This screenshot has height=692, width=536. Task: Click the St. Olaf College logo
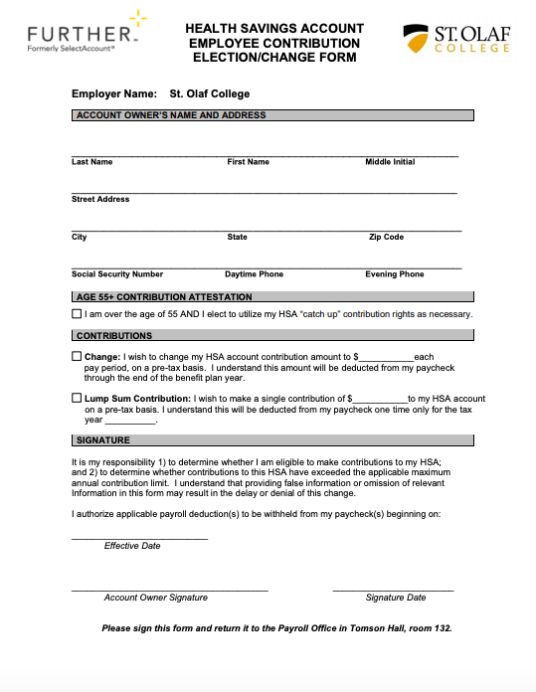456,40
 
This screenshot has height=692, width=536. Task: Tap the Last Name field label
92,162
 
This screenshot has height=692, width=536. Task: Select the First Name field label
248,162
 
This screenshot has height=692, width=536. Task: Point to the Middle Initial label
390,162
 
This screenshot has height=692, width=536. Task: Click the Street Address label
100,200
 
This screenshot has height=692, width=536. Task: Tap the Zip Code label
386,238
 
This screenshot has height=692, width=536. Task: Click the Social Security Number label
117,274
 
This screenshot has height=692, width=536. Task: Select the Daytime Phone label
254,274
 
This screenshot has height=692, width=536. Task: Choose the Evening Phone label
395,274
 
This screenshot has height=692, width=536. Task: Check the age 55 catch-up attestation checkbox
78,314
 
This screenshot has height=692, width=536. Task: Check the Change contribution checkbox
78,357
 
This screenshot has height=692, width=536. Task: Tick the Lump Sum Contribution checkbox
78,399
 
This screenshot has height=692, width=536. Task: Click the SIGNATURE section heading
103,440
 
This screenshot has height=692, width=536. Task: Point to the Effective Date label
132,546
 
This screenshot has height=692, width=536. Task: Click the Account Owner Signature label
156,598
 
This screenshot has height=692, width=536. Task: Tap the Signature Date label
396,598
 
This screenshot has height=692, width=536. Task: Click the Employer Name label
114,94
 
